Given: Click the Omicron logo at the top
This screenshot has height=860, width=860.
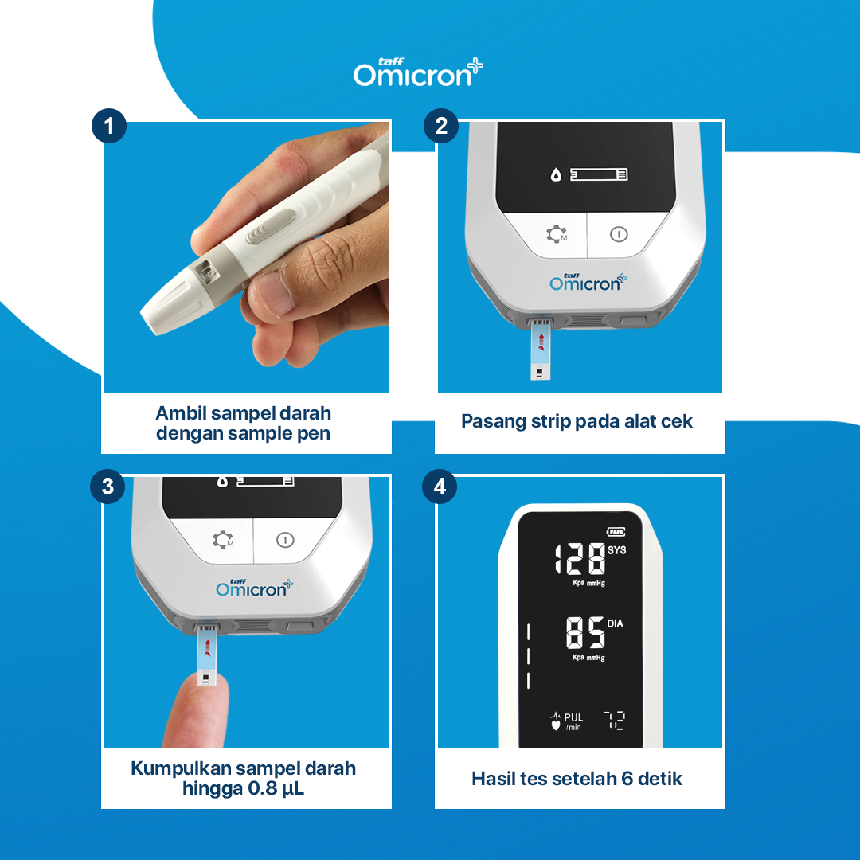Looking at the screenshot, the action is [x=418, y=72].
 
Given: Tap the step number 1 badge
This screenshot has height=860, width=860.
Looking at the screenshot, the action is [x=108, y=126].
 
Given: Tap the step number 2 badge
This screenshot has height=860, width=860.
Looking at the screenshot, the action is [x=441, y=126].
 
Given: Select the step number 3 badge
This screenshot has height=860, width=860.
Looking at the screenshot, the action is [x=107, y=487].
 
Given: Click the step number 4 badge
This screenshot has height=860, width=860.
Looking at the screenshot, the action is [x=440, y=487].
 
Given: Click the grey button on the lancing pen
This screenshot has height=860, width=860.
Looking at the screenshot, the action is [x=271, y=226].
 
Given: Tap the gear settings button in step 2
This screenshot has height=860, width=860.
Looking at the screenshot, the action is [x=556, y=234].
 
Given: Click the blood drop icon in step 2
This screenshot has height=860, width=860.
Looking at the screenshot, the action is [x=556, y=175].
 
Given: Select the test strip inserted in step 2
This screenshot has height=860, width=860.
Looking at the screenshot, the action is [x=540, y=350].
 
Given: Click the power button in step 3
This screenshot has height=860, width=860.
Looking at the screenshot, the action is [x=285, y=540].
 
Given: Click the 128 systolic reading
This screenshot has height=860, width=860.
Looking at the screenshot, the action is [x=579, y=558].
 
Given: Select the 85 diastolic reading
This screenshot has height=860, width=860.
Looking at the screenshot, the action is [x=585, y=632].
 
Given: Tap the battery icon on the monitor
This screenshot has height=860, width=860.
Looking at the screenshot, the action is [x=616, y=531].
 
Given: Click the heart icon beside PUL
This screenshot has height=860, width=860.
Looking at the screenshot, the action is [x=556, y=725].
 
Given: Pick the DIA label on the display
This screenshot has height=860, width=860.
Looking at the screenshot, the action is [x=615, y=623].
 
